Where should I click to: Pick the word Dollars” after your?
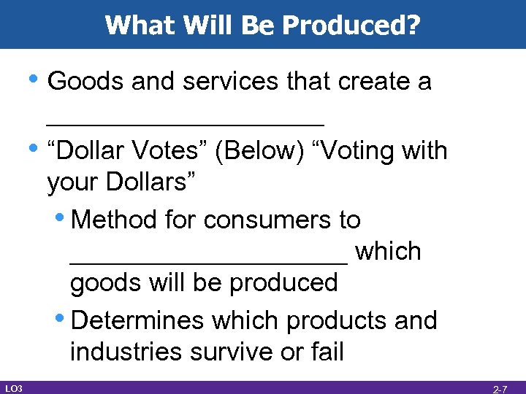pyautogui.click(x=153, y=183)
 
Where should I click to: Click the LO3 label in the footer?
pyautogui.click(x=13, y=387)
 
